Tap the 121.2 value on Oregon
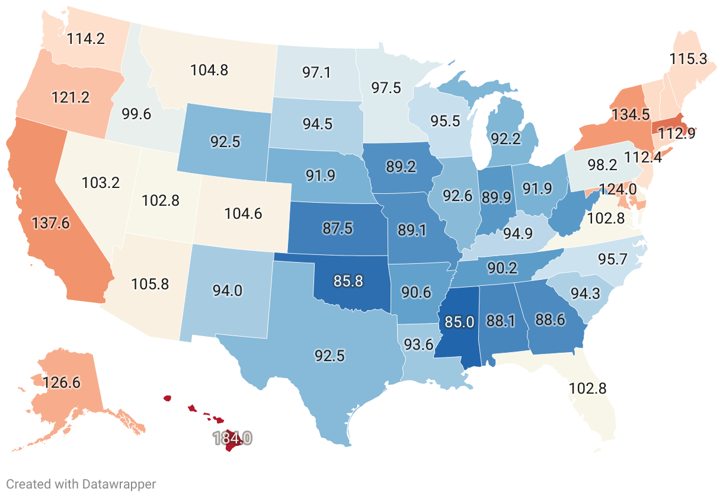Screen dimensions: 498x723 click(x=71, y=97)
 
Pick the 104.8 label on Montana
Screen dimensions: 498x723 click(x=209, y=70)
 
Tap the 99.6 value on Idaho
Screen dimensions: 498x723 click(x=136, y=114)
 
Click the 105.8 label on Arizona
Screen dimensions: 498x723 click(x=150, y=284)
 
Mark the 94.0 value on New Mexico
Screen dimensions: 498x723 click(x=227, y=290)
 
